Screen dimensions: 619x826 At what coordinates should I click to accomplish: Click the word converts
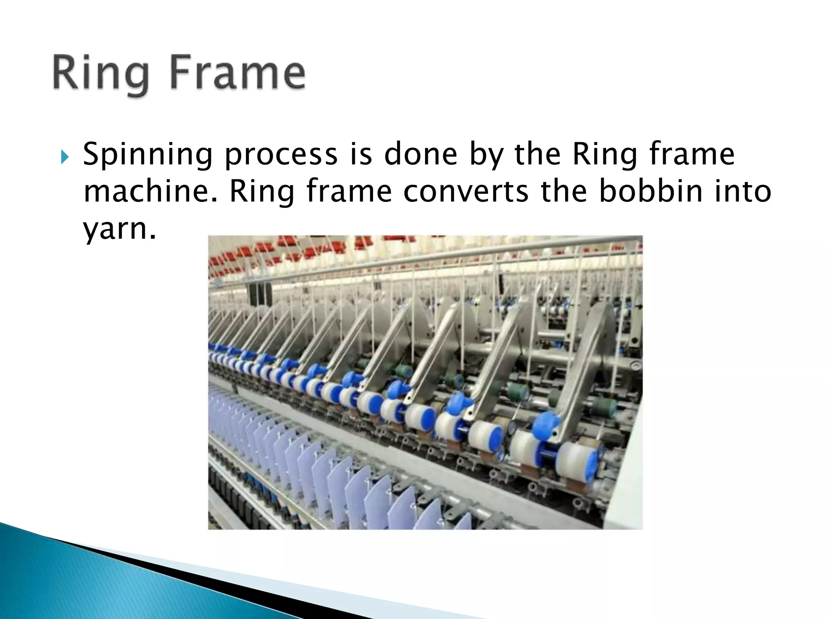point(465,191)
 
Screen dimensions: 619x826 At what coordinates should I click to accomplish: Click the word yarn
point(119,229)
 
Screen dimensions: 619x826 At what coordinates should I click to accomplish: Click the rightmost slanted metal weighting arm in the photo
point(581,363)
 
